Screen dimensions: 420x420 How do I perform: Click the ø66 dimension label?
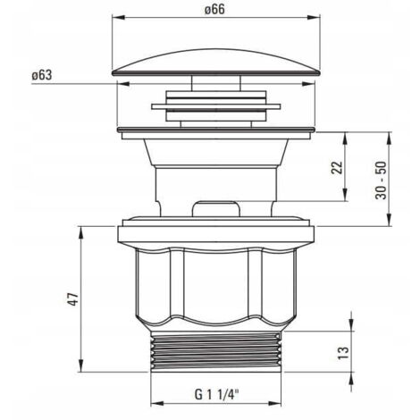click(x=214, y=9)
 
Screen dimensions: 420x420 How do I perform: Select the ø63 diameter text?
click(x=42, y=75)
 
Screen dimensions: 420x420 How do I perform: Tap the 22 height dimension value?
click(x=337, y=167)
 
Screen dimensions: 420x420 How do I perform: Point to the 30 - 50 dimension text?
click(x=382, y=181)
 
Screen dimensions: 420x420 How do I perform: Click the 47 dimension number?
click(x=73, y=299)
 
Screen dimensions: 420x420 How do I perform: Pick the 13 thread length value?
click(x=343, y=353)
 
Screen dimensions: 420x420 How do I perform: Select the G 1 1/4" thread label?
click(x=217, y=395)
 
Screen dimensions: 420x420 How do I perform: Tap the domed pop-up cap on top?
click(x=216, y=62)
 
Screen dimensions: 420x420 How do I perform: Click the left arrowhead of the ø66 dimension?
click(x=118, y=18)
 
